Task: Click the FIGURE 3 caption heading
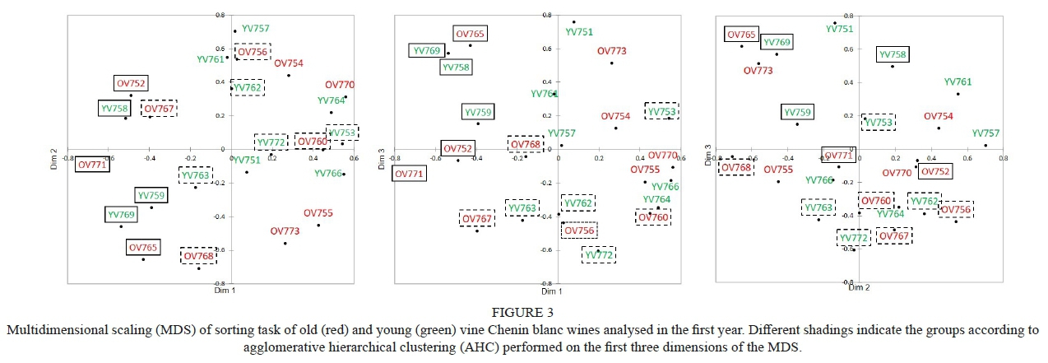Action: (x=523, y=313)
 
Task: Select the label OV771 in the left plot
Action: (x=92, y=165)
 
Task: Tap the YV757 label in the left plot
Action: (x=256, y=29)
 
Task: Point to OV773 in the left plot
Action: (x=285, y=231)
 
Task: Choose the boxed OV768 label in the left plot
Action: (x=199, y=256)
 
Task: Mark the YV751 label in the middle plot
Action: (x=579, y=32)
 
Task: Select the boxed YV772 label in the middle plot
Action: (x=600, y=255)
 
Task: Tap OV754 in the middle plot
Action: (x=615, y=116)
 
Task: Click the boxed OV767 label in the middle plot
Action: (x=476, y=219)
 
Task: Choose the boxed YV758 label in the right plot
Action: (x=893, y=55)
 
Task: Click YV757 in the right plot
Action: (x=985, y=133)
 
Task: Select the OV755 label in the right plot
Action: (x=778, y=170)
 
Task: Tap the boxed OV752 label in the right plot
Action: (x=934, y=171)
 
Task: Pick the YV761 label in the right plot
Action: (x=958, y=82)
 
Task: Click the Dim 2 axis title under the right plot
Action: (x=859, y=287)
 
